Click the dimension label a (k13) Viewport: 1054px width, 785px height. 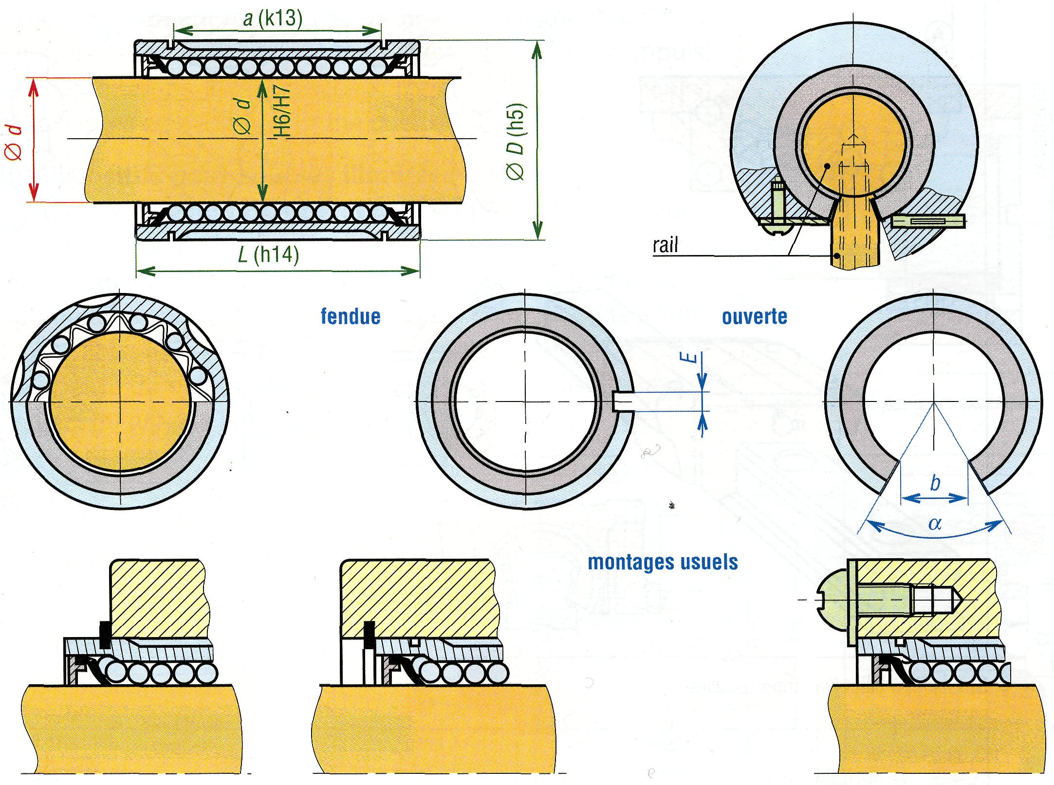pyautogui.click(x=273, y=18)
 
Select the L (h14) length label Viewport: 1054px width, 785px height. pyautogui.click(x=268, y=254)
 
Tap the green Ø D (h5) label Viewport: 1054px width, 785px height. pyautogui.click(x=516, y=141)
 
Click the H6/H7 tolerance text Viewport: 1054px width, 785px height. pyautogui.click(x=282, y=111)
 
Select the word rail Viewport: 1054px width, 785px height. pyautogui.click(x=665, y=245)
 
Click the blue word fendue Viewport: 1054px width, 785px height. pyautogui.click(x=351, y=316)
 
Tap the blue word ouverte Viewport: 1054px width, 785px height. pyautogui.click(x=754, y=317)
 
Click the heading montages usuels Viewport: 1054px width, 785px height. pyautogui.click(x=663, y=562)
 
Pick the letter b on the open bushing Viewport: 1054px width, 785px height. pyautogui.click(x=935, y=483)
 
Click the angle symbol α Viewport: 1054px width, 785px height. pyautogui.click(x=935, y=524)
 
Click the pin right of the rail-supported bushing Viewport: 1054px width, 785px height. pyautogui.click(x=929, y=222)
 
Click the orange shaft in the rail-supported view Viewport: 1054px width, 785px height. pyautogui.click(x=854, y=146)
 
